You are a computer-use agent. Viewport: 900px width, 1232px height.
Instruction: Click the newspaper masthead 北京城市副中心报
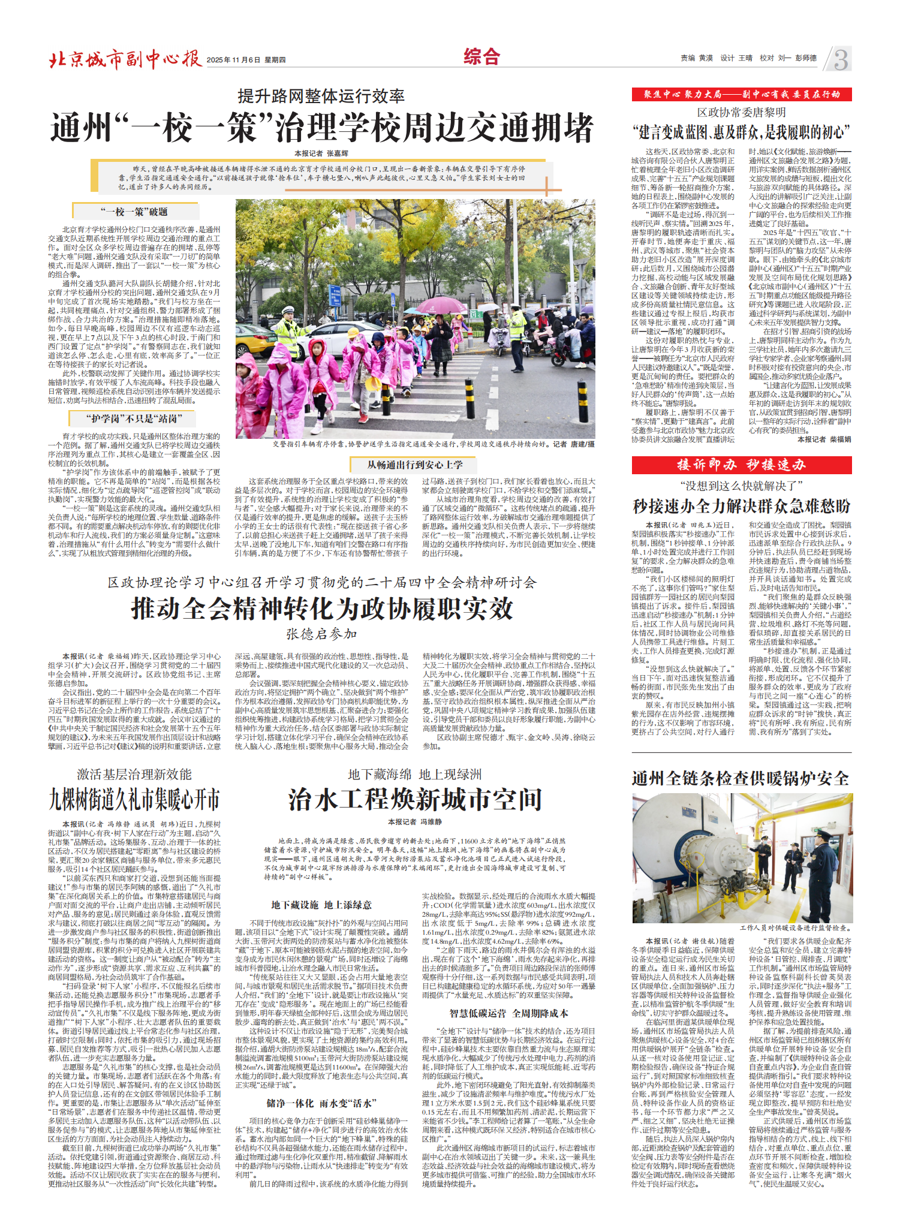[125, 59]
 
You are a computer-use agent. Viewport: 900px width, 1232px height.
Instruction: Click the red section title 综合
[481, 57]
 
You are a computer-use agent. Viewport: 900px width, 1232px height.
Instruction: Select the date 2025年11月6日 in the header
[233, 60]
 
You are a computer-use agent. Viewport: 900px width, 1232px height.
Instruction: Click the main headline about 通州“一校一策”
[322, 128]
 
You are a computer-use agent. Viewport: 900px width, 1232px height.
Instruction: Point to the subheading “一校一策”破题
[134, 212]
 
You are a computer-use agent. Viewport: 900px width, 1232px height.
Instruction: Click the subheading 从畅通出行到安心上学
[415, 465]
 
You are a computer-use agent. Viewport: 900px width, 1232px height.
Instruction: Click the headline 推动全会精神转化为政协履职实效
[322, 609]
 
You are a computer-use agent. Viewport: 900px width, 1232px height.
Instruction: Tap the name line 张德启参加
[321, 634]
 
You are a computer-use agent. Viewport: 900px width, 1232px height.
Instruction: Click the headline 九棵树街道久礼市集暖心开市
[134, 800]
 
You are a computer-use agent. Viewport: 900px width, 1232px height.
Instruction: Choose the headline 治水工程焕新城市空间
[415, 800]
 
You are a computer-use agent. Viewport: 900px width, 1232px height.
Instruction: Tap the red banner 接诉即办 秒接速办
[741, 465]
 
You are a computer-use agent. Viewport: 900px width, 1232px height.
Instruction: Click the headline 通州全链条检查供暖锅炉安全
[741, 778]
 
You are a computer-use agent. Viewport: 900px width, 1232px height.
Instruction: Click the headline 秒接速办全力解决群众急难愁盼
[741, 507]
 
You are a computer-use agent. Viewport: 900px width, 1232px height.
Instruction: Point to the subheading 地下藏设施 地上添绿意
[321, 905]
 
